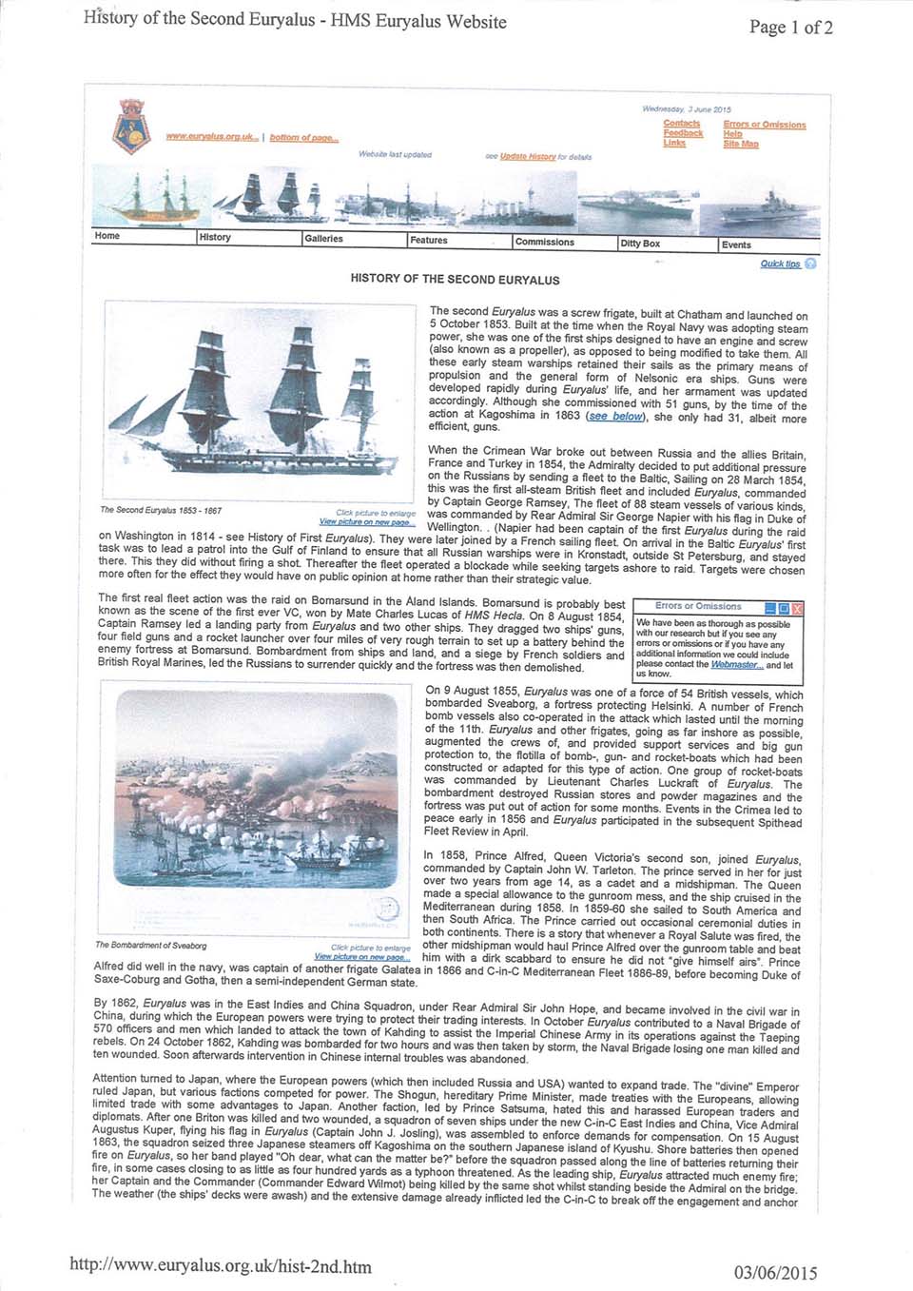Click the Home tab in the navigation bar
107,236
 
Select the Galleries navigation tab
323,239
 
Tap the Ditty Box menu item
640,244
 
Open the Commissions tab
544,242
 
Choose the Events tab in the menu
736,245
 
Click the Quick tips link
781,264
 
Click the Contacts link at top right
681,124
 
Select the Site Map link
740,144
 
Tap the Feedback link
683,133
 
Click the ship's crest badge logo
131,128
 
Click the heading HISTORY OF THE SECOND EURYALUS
455,280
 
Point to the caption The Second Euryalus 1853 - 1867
161,511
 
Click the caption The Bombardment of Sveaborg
150,946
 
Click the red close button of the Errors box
797,607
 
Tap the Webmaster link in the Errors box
737,665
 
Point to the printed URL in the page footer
221,1266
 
